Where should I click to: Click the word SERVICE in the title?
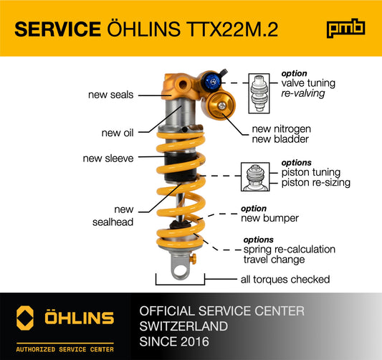click(57, 29)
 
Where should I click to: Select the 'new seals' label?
click(110, 94)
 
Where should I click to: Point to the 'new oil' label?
click(118, 132)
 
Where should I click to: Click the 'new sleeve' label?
click(108, 158)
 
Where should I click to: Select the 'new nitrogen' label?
click(281, 129)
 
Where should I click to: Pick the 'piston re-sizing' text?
click(316, 183)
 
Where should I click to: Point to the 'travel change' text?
click(274, 259)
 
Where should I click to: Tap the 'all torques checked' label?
click(285, 279)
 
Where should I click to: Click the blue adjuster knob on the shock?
click(211, 82)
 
